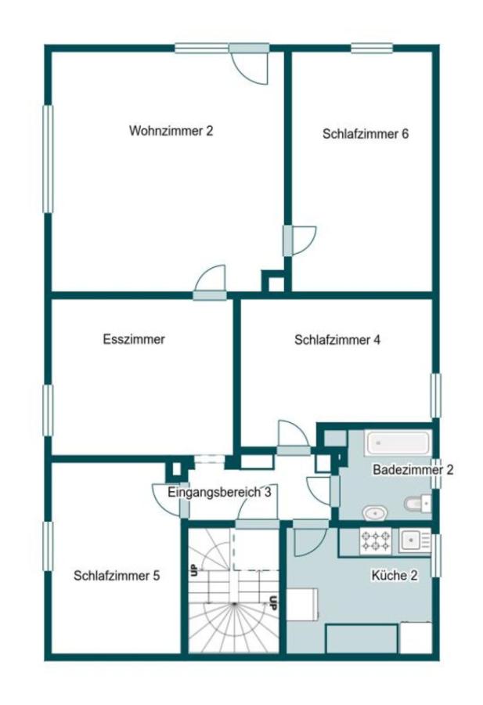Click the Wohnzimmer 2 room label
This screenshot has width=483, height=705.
tap(171, 131)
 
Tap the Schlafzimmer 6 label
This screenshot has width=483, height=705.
tap(366, 133)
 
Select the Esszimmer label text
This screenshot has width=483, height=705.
tap(134, 339)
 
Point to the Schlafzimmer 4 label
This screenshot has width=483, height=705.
tap(337, 340)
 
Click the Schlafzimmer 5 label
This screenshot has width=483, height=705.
tap(117, 575)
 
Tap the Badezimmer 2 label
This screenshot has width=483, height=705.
tap(413, 470)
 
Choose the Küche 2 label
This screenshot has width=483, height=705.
tap(394, 575)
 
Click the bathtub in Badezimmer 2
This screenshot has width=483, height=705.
tap(398, 443)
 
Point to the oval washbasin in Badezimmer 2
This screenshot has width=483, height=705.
tap(375, 512)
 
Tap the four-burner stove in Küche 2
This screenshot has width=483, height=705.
tap(375, 540)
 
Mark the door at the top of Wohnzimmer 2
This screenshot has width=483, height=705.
tap(250, 63)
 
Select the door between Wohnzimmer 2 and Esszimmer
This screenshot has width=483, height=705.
tap(210, 284)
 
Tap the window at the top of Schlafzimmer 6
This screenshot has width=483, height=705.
tap(372, 49)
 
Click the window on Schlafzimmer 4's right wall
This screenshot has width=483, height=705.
tap(435, 396)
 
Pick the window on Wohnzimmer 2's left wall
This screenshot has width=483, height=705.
tap(48, 159)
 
